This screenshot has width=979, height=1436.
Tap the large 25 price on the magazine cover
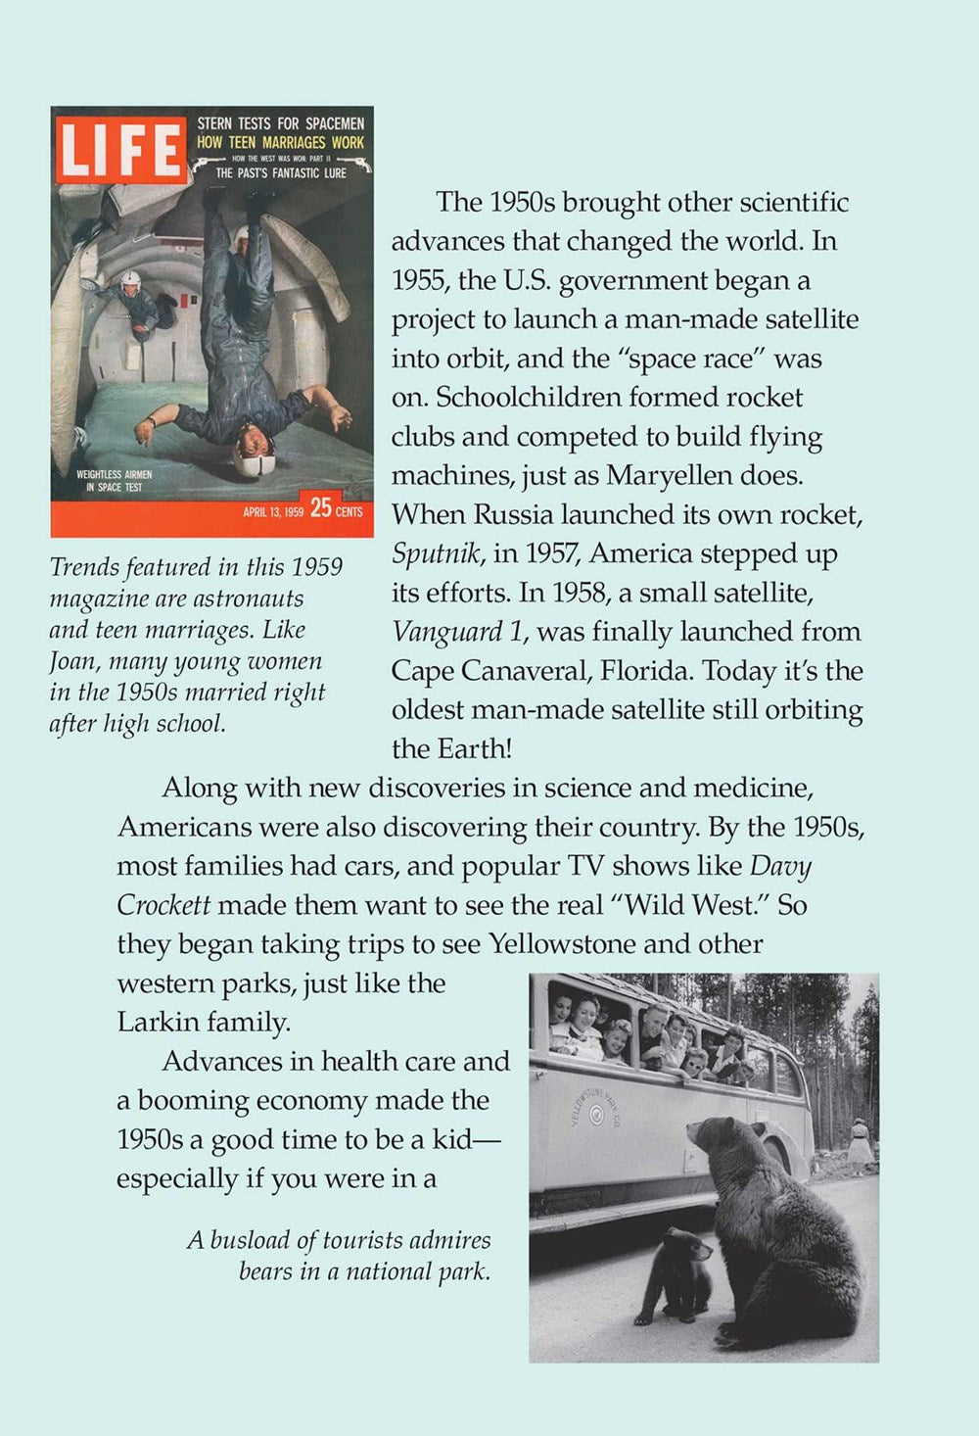[319, 509]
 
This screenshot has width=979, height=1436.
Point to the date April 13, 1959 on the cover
[273, 511]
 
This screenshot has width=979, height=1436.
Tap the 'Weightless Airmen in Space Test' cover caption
[114, 480]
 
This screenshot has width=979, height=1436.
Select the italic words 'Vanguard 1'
[456, 632]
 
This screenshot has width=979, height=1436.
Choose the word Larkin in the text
[159, 1023]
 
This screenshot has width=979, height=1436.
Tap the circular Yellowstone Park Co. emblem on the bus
[595, 1108]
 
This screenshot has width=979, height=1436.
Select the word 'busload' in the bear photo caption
[249, 1240]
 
